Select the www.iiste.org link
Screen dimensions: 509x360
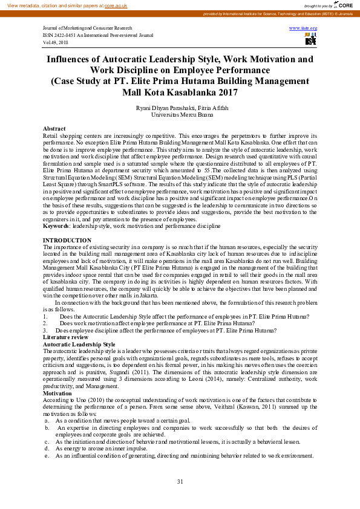(x=303, y=28)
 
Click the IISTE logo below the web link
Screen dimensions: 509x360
(x=310, y=40)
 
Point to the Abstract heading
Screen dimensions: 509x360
(x=54, y=129)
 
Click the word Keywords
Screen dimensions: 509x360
(x=56, y=225)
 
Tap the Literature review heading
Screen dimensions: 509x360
(x=65, y=337)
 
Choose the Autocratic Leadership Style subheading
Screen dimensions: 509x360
(x=79, y=344)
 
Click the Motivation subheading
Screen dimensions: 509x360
(x=57, y=392)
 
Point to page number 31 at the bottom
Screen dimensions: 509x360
(x=180, y=481)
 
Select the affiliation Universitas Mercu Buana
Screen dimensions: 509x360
(x=180, y=114)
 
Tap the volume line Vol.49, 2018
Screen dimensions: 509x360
(x=56, y=42)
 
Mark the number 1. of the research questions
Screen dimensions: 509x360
(x=45, y=316)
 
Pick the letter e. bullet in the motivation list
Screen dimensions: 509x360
(x=47, y=455)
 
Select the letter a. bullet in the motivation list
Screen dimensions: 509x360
(x=47, y=420)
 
